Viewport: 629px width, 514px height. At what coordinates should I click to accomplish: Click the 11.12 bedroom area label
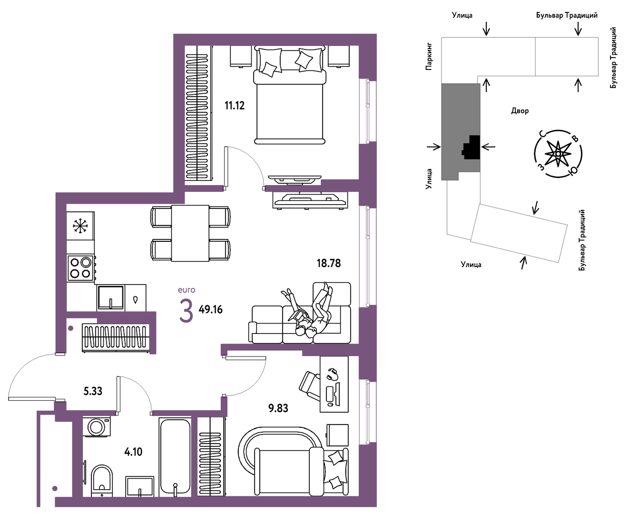point(235,106)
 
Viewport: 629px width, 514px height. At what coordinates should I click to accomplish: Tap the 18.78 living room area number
point(328,263)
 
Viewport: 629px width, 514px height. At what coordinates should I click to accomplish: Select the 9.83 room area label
point(278,408)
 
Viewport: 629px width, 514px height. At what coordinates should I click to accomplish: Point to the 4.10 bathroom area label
point(133,452)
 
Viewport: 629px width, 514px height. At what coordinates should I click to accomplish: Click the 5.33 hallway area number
point(93,391)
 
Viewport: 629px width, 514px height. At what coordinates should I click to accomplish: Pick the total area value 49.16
point(211,310)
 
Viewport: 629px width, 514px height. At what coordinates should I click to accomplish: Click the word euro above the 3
point(187,290)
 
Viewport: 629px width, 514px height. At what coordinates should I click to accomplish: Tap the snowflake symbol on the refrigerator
point(80,226)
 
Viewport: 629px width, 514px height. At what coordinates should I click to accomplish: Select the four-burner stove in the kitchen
point(80,268)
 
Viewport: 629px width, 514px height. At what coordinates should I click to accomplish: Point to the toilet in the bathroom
point(102,480)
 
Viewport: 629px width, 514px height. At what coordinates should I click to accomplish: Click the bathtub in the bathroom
point(175,457)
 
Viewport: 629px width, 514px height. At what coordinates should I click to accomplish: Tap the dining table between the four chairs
point(190,233)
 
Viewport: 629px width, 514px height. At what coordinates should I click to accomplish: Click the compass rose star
point(558,154)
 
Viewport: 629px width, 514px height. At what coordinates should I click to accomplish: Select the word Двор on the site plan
point(520,111)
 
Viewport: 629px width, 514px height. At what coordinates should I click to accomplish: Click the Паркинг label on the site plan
point(429,56)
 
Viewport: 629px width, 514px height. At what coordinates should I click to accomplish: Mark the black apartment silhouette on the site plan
point(471,147)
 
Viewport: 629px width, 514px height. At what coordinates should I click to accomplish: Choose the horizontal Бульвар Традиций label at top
point(567,15)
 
